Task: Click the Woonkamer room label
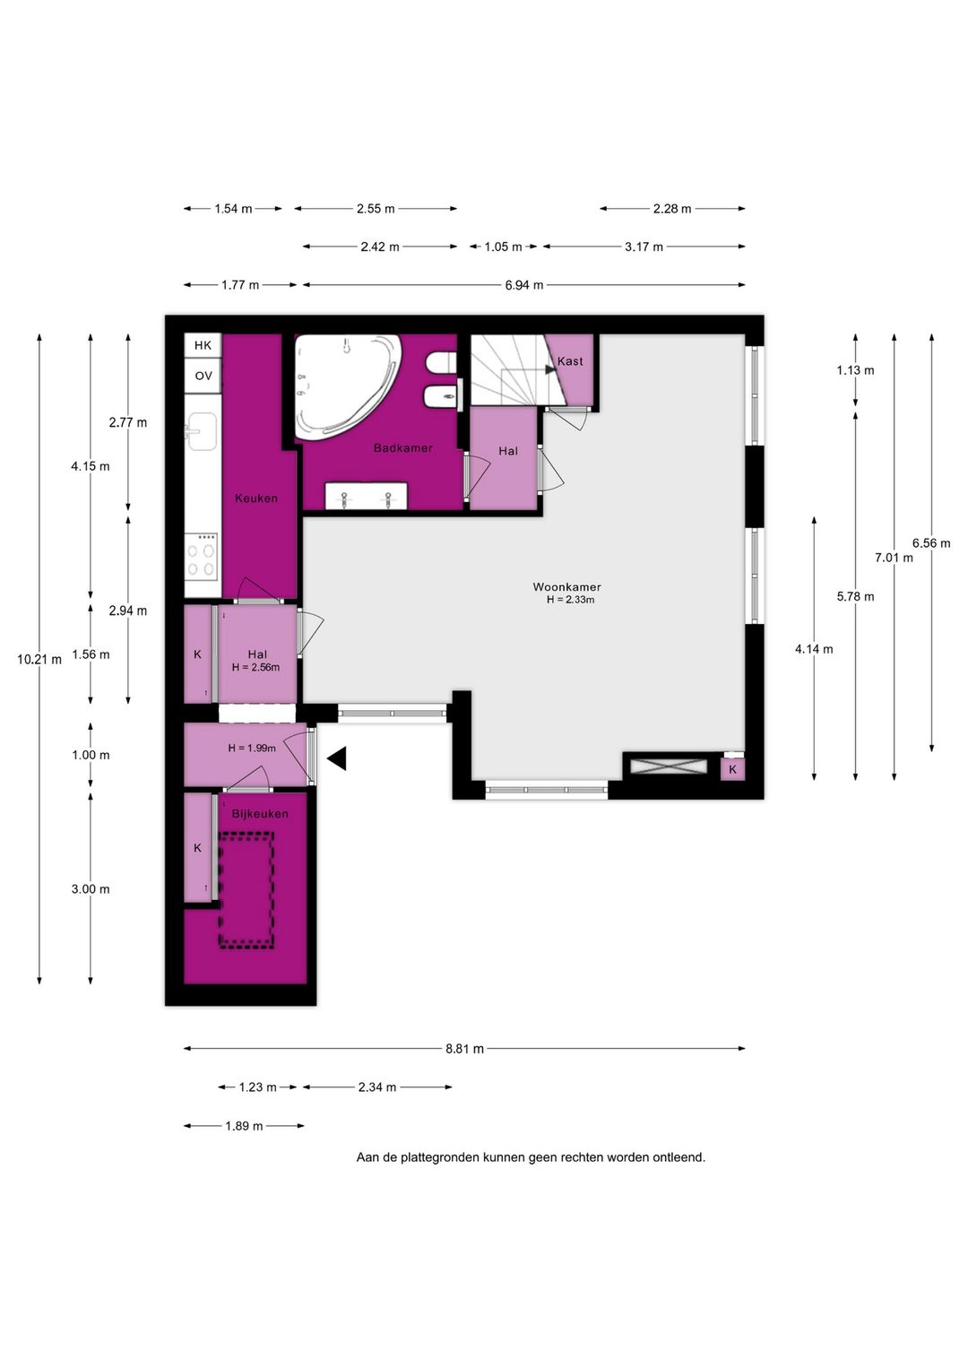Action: point(566,587)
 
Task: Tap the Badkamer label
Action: point(403,447)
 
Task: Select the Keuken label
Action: point(256,498)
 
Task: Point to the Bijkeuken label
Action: point(260,814)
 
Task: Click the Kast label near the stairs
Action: point(570,361)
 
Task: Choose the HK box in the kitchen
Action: point(203,346)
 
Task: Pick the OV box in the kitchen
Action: point(203,376)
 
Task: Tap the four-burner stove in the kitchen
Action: point(203,555)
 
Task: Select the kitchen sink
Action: point(203,431)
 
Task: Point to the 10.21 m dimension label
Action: point(39,660)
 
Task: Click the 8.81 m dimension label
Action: point(465,1049)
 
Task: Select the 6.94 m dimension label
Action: point(524,285)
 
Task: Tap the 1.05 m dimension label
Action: point(503,247)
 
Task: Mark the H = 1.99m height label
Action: point(252,749)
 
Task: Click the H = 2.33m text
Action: point(571,600)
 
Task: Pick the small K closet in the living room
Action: point(733,769)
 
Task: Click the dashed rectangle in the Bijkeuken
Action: point(246,890)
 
